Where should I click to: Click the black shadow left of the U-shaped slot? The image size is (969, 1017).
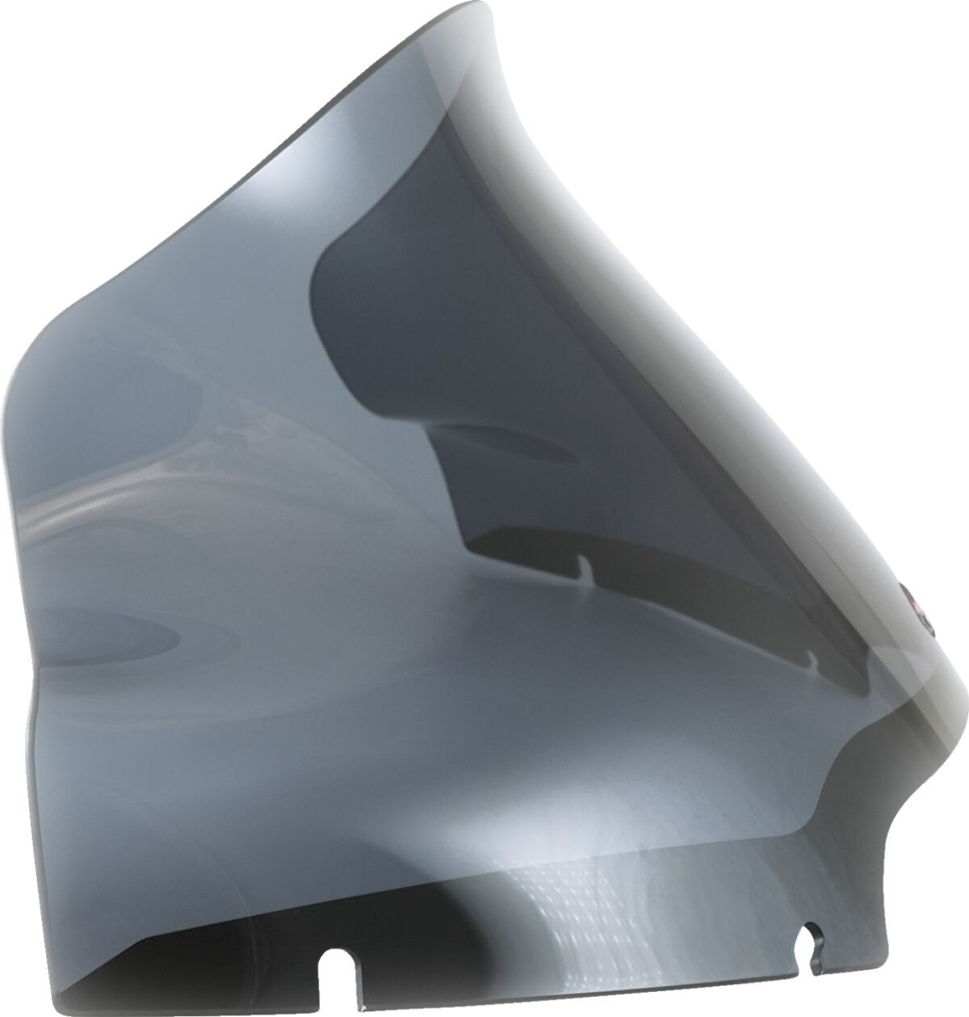(202, 969)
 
